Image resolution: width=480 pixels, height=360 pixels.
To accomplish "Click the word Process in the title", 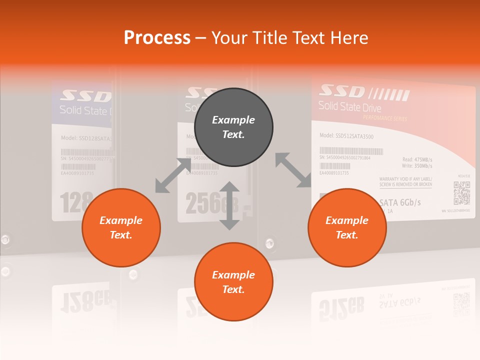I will tap(157, 37).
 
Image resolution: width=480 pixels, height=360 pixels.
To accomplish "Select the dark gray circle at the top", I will tap(233, 127).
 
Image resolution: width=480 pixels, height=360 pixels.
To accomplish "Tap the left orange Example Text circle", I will tap(121, 227).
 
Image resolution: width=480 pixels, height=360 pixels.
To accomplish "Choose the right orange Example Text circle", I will tap(347, 227).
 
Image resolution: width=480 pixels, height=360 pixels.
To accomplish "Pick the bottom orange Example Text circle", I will tap(233, 282).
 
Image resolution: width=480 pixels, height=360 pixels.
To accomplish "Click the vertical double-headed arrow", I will tap(229, 205).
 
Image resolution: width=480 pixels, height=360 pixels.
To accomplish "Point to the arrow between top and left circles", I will tap(173, 175).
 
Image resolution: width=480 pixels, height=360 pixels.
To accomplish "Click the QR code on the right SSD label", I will tap(461, 193).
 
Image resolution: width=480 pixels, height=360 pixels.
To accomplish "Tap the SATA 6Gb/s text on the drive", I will tap(400, 202).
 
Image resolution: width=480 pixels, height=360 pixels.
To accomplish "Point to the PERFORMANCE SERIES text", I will tap(385, 118).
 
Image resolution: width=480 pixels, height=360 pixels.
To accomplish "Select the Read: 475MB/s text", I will tap(417, 159).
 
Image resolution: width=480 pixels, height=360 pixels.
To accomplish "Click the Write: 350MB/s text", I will tap(416, 165).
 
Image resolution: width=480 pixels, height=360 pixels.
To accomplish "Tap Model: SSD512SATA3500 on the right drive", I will tap(346, 136).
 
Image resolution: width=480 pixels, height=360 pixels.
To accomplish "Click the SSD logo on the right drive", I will tap(342, 91).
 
